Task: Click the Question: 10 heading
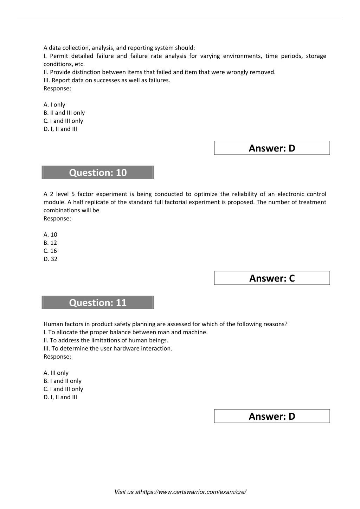(x=98, y=173)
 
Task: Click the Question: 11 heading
(x=98, y=303)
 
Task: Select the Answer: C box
(x=272, y=278)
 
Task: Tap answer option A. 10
(x=50, y=234)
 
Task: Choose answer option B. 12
(x=50, y=243)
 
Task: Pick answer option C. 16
(x=50, y=251)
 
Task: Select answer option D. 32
(x=50, y=259)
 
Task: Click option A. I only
(x=54, y=104)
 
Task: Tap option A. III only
(x=56, y=373)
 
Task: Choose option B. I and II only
(x=63, y=381)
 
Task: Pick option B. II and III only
(x=64, y=112)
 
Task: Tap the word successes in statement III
(x=105, y=80)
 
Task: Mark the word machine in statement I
(x=197, y=332)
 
